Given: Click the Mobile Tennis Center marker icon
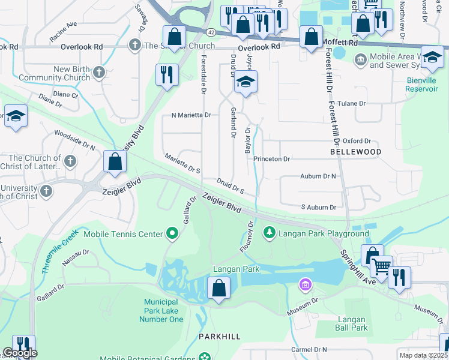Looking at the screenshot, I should tap(173, 233).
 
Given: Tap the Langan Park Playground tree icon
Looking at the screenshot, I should tap(270, 232).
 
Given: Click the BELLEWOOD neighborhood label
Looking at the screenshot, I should tap(355, 152).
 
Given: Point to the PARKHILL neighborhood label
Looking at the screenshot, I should tap(220, 337).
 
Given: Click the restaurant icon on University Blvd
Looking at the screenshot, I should tap(165, 74).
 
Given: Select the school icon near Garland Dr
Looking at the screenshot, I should tap(245, 82).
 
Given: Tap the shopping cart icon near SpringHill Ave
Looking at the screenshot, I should tap(381, 266).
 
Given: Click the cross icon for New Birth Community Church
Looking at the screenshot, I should tap(99, 73).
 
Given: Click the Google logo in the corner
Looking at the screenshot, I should tap(19, 353).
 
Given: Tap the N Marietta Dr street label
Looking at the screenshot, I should tap(191, 115).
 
